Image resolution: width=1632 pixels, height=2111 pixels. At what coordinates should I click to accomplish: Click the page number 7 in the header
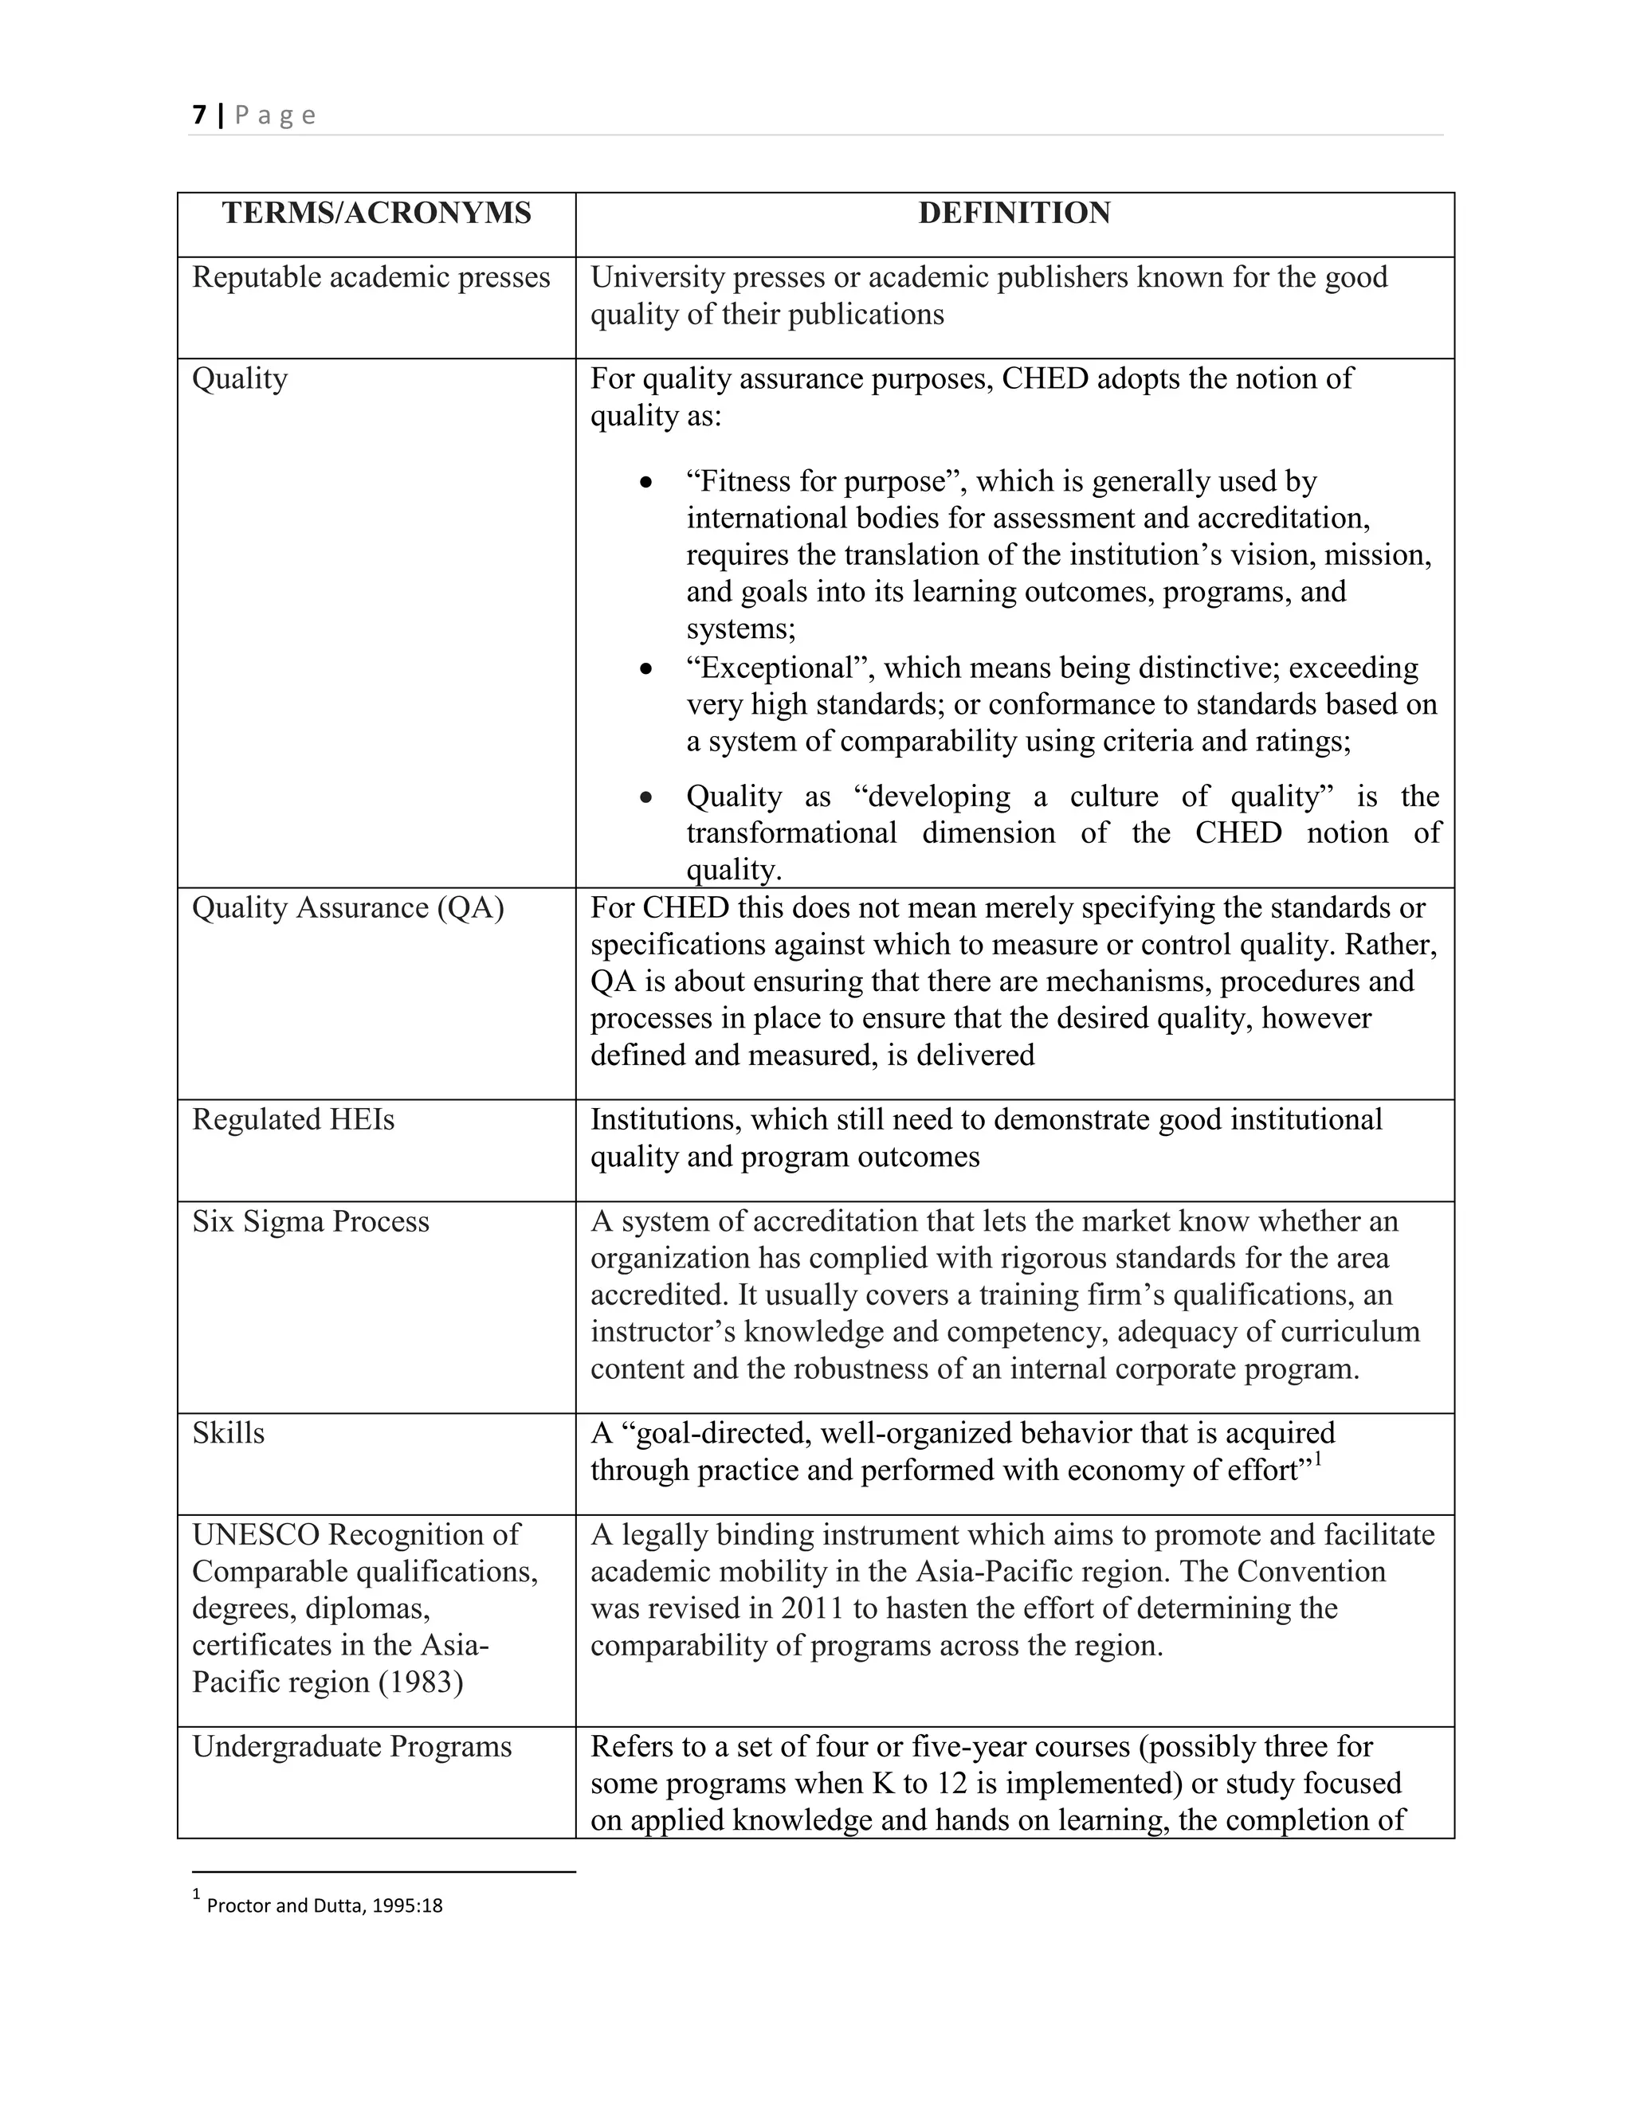point(199,115)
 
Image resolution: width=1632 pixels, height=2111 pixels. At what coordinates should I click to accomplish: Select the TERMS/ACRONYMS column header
point(376,213)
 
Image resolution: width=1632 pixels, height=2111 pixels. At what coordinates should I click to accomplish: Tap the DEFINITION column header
point(1014,213)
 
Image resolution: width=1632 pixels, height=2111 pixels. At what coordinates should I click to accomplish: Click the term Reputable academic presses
point(371,277)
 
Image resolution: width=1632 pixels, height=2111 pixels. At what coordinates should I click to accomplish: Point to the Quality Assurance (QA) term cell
point(348,907)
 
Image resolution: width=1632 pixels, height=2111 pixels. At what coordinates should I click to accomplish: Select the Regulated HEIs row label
point(293,1119)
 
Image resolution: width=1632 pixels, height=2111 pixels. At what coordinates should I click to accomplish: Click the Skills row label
point(228,1432)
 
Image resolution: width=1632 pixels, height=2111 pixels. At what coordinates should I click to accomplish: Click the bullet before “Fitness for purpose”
point(645,482)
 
